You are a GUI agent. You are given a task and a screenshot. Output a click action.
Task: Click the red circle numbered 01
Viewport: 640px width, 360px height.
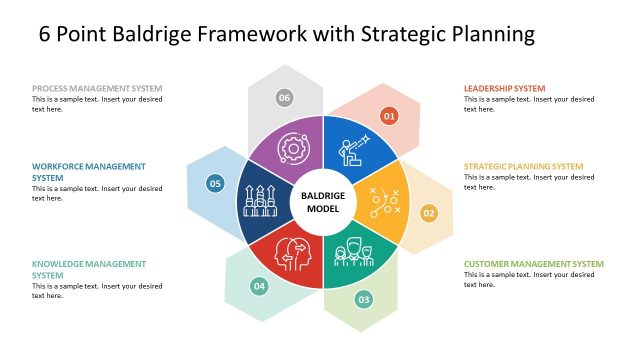390,117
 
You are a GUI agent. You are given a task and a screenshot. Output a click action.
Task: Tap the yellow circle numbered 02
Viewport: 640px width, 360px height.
428,213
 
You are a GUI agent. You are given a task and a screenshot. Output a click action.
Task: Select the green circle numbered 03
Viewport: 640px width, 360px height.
364,299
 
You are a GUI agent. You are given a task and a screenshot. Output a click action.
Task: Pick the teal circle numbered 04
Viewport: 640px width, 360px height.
259,287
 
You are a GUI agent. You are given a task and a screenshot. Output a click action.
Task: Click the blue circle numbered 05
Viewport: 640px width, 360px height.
214,183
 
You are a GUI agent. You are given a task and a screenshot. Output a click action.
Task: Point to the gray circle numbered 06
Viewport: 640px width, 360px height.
285,97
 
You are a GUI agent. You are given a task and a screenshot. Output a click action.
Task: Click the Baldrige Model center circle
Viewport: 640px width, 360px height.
323,202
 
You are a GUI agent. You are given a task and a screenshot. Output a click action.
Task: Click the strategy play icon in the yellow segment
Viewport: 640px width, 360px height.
382,202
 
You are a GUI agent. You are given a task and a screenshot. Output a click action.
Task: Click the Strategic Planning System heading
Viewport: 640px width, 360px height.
523,166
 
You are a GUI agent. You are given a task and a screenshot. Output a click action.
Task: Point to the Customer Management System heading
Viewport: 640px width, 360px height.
533,264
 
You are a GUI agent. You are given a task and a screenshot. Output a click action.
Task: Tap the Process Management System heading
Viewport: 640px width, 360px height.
97,88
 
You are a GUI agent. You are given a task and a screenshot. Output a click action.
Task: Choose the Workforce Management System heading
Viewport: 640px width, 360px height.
89,171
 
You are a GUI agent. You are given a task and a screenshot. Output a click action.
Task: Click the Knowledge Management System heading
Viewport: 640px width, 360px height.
87,269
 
